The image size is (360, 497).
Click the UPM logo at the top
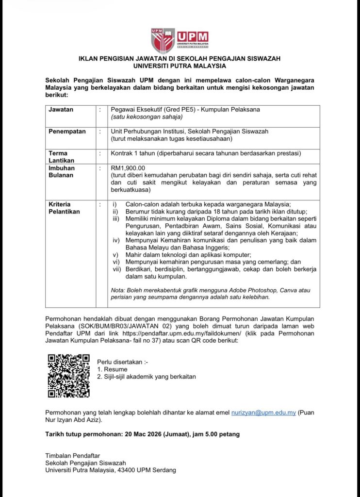point(180,40)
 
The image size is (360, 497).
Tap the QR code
point(68,376)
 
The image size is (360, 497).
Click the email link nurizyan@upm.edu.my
point(263,412)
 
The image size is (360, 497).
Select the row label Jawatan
point(61,110)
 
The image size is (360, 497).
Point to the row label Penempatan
point(67,132)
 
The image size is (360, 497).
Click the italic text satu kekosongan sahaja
point(147,117)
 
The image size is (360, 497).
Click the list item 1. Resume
point(112,369)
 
